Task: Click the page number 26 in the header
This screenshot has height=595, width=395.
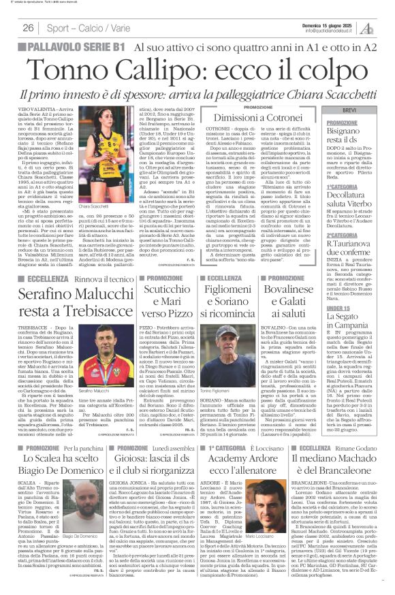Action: click(x=29, y=27)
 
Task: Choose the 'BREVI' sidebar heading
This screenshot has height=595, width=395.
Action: click(x=349, y=110)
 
